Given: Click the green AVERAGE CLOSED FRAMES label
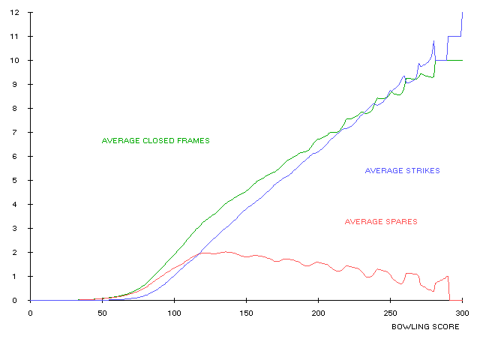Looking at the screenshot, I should click(155, 141).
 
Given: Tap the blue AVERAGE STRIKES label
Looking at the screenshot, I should click(402, 171).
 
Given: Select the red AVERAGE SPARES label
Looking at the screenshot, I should click(380, 222).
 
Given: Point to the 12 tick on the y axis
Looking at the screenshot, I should click(466, 12).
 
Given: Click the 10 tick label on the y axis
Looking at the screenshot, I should click(466, 60).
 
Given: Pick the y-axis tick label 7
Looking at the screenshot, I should click(468, 132).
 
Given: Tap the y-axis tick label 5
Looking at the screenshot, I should click(468, 180).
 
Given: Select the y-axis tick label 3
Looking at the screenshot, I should click(468, 228).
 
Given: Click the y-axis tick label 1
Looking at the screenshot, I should click(468, 276).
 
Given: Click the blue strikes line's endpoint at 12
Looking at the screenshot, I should click(462, 13).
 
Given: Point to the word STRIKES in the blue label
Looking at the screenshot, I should click(421, 171).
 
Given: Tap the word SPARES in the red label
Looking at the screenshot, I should click(400, 222).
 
